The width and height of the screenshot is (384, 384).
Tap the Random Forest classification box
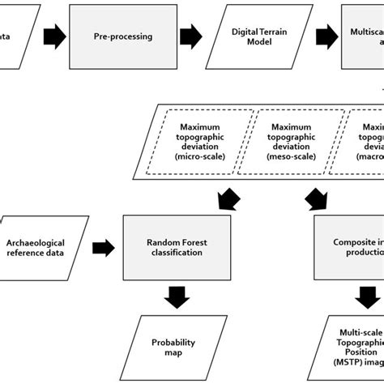click(x=175, y=246)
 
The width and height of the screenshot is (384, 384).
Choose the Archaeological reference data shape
click(x=44, y=246)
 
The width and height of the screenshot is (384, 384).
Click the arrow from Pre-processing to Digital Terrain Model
click(x=190, y=36)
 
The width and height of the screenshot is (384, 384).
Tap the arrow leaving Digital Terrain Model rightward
click(x=326, y=36)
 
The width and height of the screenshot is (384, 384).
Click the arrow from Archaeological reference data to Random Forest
click(x=103, y=247)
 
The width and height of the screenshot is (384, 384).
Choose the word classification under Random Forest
click(x=175, y=252)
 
